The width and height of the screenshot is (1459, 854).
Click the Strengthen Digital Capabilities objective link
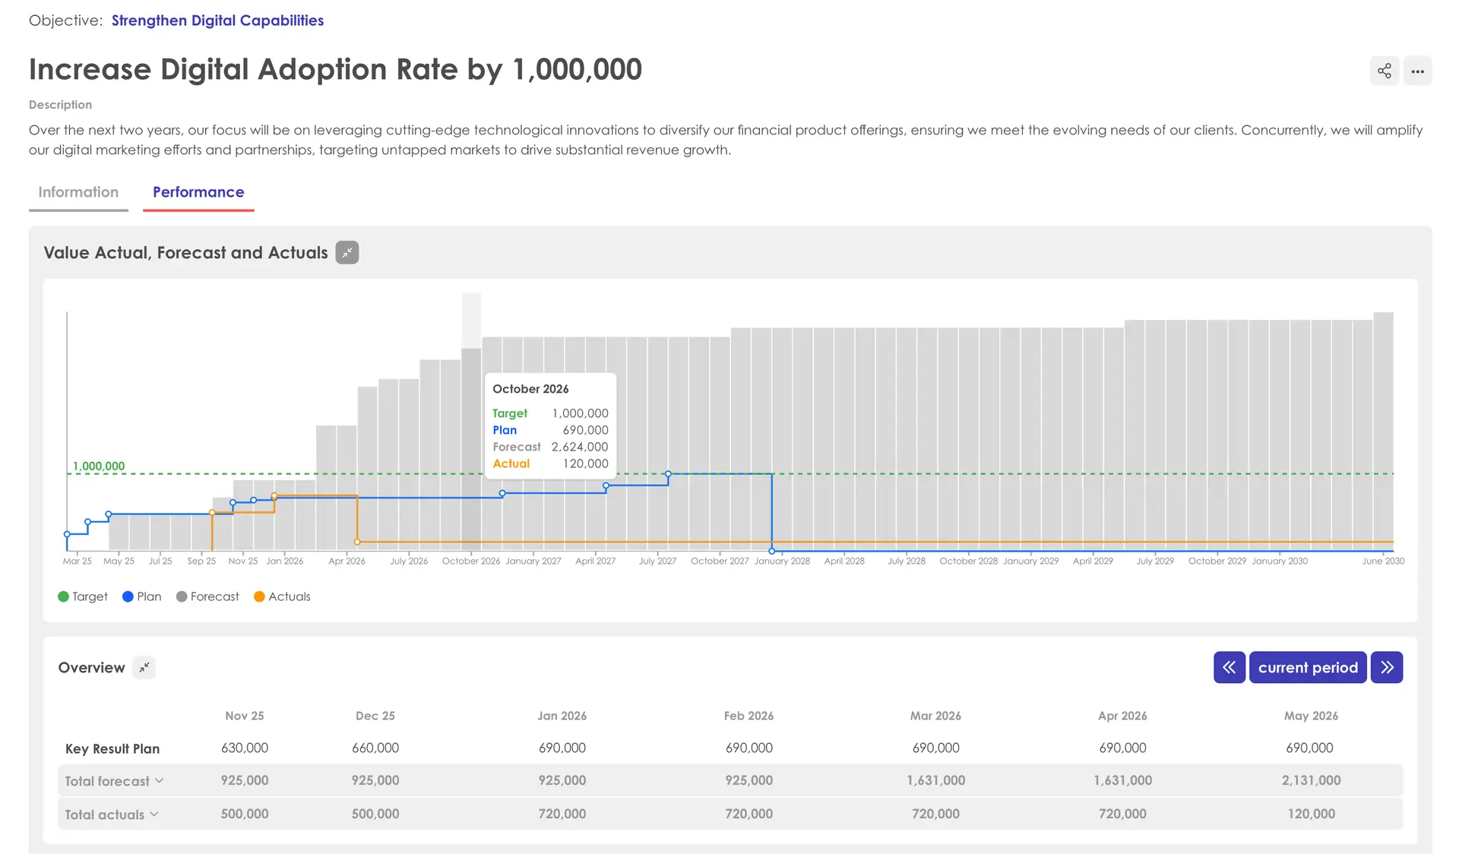pyautogui.click(x=217, y=21)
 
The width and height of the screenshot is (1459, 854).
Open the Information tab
pyautogui.click(x=78, y=192)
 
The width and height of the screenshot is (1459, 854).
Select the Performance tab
pyautogui.click(x=198, y=192)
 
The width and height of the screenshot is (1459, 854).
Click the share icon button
pyautogui.click(x=1384, y=71)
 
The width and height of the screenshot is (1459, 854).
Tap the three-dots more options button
pyautogui.click(x=1417, y=71)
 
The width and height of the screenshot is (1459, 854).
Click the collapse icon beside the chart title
pyautogui.click(x=347, y=253)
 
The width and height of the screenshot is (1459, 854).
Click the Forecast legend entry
pyautogui.click(x=207, y=596)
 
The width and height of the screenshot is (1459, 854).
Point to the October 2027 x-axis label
pyautogui.click(x=720, y=561)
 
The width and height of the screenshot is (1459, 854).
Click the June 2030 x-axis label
pyautogui.click(x=1383, y=561)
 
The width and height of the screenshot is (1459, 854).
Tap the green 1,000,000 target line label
pyautogui.click(x=99, y=466)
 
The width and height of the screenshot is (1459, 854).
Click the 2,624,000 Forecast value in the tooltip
pyautogui.click(x=579, y=447)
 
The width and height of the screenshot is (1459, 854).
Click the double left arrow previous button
pyautogui.click(x=1229, y=668)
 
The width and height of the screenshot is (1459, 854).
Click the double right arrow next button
pyautogui.click(x=1387, y=668)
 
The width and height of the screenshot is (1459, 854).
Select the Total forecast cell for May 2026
pyautogui.click(x=1311, y=780)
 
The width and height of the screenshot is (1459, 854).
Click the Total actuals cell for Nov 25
pyautogui.click(x=245, y=814)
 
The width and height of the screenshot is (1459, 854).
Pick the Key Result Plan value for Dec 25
pyautogui.click(x=375, y=748)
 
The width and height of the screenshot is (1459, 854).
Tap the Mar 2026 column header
pyautogui.click(x=935, y=716)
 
